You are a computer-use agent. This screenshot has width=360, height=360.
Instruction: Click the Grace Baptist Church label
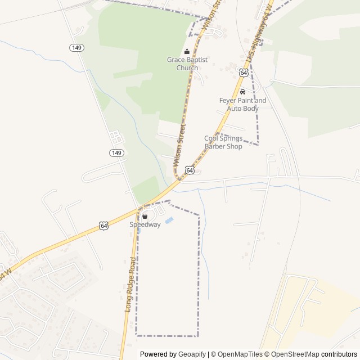click(187, 64)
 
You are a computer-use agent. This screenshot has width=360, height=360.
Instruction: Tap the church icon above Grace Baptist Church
click(187, 52)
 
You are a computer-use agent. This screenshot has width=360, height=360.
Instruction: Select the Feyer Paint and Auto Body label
click(242, 104)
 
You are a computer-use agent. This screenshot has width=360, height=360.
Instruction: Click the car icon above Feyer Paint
click(242, 92)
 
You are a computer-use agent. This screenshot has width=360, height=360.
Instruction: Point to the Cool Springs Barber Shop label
click(223, 142)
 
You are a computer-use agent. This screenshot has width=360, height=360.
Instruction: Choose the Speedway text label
click(145, 224)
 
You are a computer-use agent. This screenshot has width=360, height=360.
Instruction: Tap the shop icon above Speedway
click(145, 216)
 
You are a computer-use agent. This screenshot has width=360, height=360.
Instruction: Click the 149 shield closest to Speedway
click(116, 152)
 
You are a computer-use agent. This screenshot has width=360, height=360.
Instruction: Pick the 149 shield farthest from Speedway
click(77, 48)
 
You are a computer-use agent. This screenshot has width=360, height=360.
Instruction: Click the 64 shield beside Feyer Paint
click(243, 73)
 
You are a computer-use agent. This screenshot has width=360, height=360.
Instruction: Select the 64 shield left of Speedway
click(104, 225)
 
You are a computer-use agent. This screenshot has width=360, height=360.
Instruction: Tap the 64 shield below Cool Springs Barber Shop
click(190, 170)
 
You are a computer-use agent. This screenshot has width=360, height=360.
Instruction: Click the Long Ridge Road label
click(130, 285)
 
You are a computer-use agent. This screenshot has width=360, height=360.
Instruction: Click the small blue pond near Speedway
click(169, 220)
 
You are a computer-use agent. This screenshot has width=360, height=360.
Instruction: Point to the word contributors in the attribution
click(339, 354)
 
